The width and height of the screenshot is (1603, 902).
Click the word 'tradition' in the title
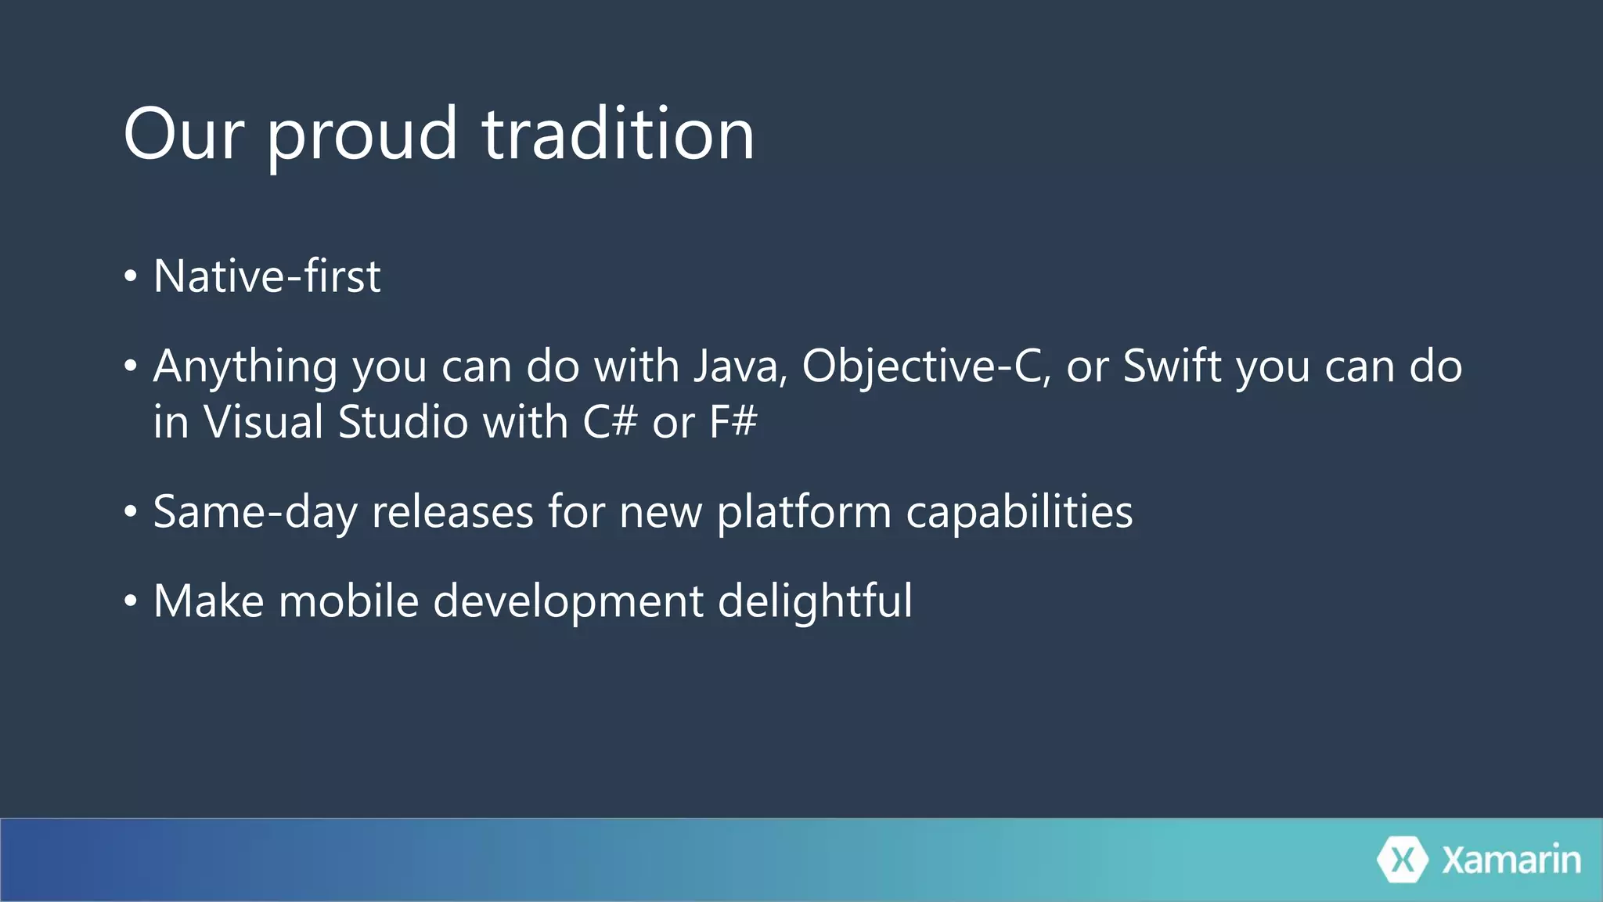pyautogui.click(x=618, y=135)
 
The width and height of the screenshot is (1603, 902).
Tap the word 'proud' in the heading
pyautogui.click(x=362, y=135)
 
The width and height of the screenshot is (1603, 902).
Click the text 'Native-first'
pyautogui.click(x=267, y=276)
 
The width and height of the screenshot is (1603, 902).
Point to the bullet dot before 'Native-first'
pyautogui.click(x=131, y=276)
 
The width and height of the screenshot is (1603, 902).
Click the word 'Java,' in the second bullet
pyautogui.click(x=740, y=366)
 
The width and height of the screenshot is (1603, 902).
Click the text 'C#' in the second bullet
pyautogui.click(x=610, y=422)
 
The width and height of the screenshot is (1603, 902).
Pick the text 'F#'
pyautogui.click(x=733, y=422)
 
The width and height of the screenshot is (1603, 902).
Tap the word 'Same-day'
pyautogui.click(x=254, y=512)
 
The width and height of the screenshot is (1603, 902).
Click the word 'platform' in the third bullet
pyautogui.click(x=804, y=512)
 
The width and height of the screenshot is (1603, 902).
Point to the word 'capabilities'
pyautogui.click(x=1019, y=512)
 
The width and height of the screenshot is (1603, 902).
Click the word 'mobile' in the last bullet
pyautogui.click(x=348, y=601)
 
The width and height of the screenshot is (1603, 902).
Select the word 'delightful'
pyautogui.click(x=815, y=601)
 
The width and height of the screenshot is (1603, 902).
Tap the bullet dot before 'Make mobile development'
pyautogui.click(x=131, y=601)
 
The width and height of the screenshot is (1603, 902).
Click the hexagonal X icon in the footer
pyautogui.click(x=1403, y=860)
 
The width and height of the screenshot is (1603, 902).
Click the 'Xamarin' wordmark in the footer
pyautogui.click(x=1511, y=860)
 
